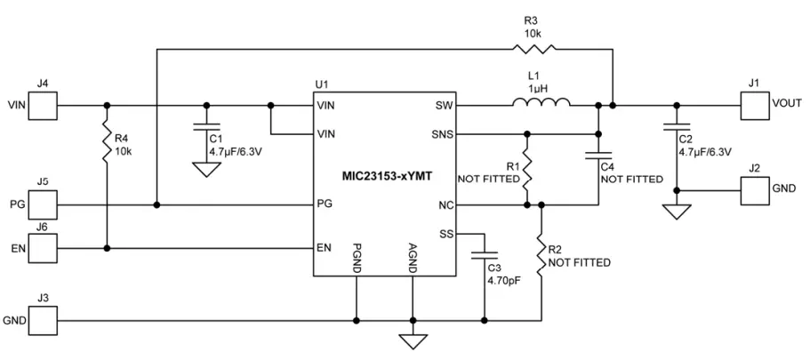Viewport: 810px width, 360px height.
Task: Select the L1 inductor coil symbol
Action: pos(541,104)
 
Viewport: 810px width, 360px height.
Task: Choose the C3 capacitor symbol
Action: pos(485,256)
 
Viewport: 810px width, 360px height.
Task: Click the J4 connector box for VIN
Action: pos(43,104)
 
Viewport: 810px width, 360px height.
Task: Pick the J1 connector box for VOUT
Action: pos(754,104)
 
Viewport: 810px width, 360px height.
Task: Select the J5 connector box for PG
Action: pos(43,205)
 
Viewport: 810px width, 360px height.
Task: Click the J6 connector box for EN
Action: pos(43,247)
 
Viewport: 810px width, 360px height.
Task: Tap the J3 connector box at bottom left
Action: pos(43,318)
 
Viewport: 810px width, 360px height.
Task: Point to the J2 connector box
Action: pos(754,189)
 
